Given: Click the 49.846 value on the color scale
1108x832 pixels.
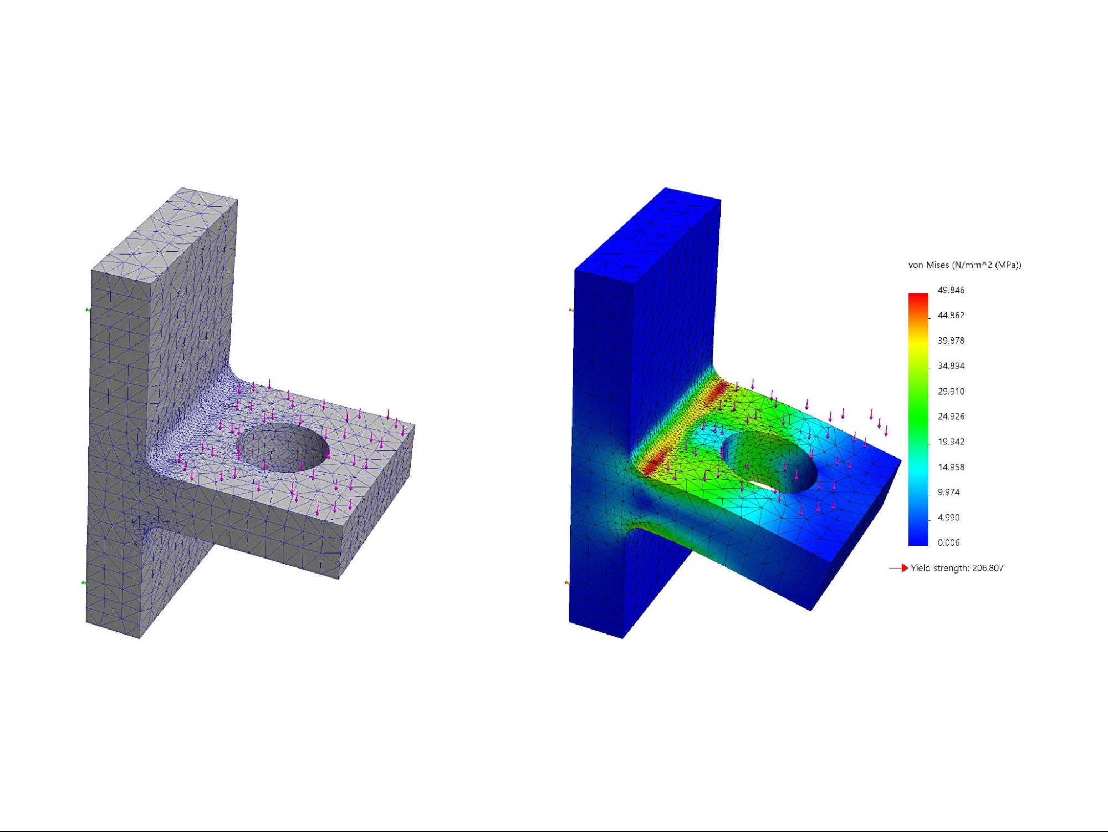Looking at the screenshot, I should click(951, 290).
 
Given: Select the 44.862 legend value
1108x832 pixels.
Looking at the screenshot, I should click(951, 316).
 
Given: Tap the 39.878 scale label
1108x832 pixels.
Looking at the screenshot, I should click(951, 341).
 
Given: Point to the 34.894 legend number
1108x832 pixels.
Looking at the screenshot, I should click(951, 366).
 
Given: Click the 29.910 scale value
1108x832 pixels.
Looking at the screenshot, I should click(951, 392).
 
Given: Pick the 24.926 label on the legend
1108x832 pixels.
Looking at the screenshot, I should click(951, 417).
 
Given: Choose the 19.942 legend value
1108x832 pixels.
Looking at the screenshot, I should click(951, 442).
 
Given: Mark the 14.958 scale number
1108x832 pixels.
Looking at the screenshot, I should click(951, 467).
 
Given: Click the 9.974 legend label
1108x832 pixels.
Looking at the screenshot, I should click(948, 493).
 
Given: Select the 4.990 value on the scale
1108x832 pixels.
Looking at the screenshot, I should click(948, 518).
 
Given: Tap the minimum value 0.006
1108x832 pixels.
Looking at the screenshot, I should click(948, 543).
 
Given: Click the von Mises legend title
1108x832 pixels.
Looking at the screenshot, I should click(964, 265).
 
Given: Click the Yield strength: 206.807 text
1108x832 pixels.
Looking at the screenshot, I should click(957, 568).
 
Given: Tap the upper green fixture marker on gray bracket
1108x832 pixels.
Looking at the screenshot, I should click(88, 310).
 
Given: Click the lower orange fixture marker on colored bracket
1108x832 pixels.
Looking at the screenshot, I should click(566, 582).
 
